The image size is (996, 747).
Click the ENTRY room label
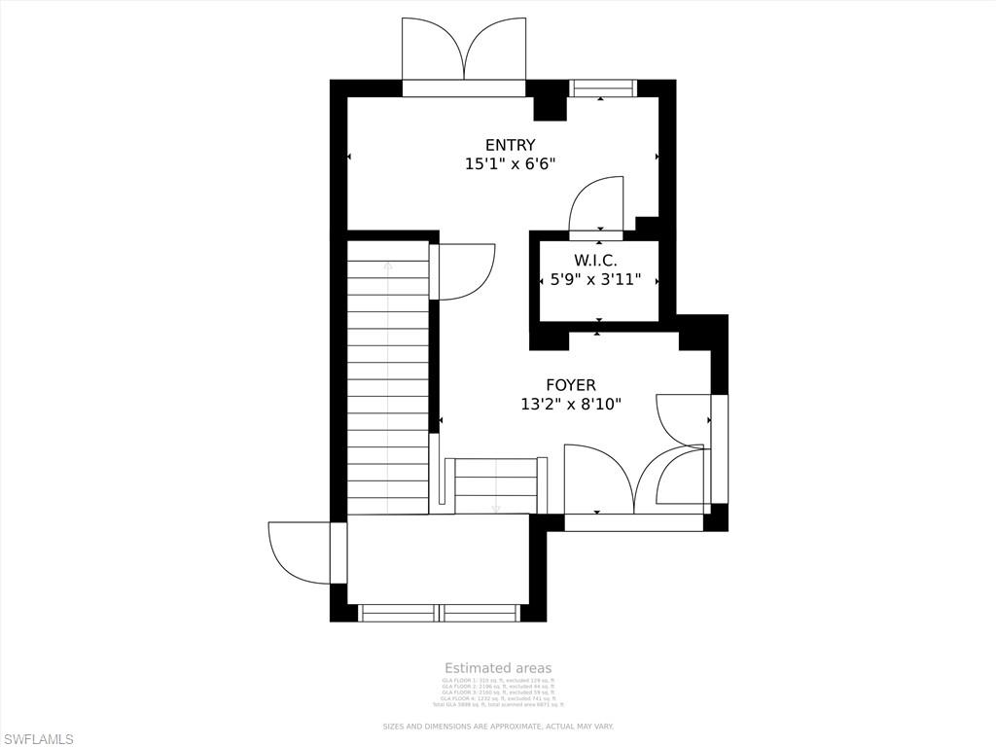point(510,145)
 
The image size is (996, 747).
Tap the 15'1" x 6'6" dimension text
point(510,164)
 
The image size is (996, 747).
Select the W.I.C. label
point(595,260)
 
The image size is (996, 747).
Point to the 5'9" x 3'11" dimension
point(595,279)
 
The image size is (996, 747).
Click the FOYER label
point(570,385)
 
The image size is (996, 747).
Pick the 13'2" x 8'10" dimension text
point(570,404)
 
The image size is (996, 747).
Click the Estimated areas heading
point(498,668)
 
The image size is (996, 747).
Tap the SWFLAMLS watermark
point(38,739)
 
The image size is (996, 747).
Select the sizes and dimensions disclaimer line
point(498,727)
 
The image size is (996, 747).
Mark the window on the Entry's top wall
point(602,89)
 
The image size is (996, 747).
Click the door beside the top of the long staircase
point(464,271)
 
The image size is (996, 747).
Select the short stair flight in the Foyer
point(496,485)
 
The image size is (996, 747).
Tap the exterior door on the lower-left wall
point(303,552)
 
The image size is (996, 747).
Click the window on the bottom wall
point(440,613)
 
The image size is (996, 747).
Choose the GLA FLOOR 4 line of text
point(498,698)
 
